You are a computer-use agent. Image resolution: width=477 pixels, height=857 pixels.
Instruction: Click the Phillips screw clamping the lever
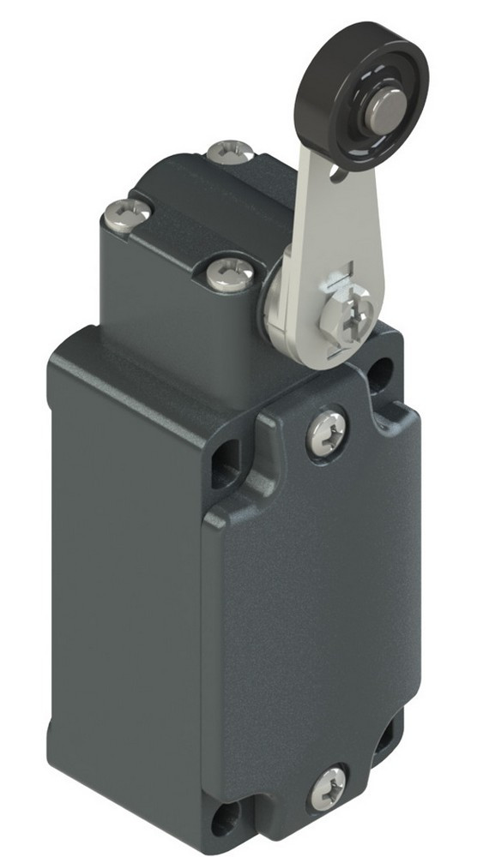coord(343,321)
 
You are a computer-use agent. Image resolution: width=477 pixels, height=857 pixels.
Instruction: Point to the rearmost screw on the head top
coord(230,152)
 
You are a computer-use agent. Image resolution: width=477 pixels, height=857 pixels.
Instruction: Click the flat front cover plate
coord(317,600)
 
